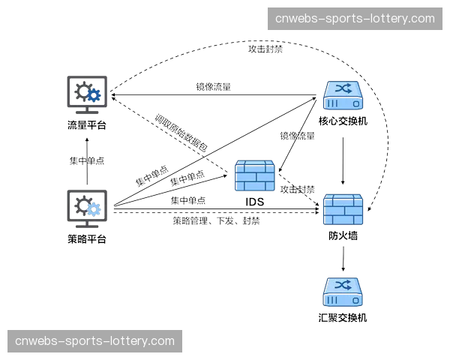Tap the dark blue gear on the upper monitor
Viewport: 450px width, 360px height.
coord(94,96)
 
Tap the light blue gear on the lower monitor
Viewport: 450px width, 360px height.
coord(94,209)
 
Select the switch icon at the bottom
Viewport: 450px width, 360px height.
coord(344,292)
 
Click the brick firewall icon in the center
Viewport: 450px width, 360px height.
coord(255,175)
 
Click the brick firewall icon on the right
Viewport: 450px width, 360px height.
coord(344,210)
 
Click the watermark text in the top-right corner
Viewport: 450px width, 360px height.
coord(355,18)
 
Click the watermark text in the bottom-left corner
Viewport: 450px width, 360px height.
coord(94,341)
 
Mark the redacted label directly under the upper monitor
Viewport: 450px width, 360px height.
coord(86,125)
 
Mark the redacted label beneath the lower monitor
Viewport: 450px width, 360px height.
coord(86,239)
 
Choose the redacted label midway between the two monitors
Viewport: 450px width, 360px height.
coord(86,161)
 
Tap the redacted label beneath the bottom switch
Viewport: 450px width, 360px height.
coord(344,317)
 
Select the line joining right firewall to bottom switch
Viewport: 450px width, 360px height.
coord(344,259)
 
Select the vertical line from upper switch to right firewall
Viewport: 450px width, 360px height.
coord(344,157)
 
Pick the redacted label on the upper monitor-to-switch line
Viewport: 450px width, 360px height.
coord(212,85)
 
